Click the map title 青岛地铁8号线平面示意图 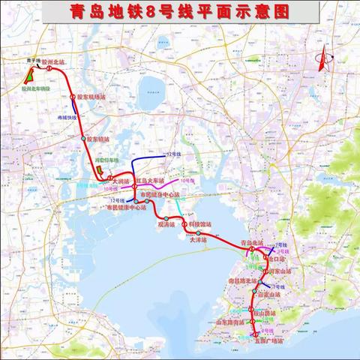180,13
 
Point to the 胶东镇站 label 99,138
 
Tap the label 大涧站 120,181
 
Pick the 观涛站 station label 166,223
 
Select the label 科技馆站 199,223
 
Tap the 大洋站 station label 198,240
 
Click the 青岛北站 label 253,243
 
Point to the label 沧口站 276,258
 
